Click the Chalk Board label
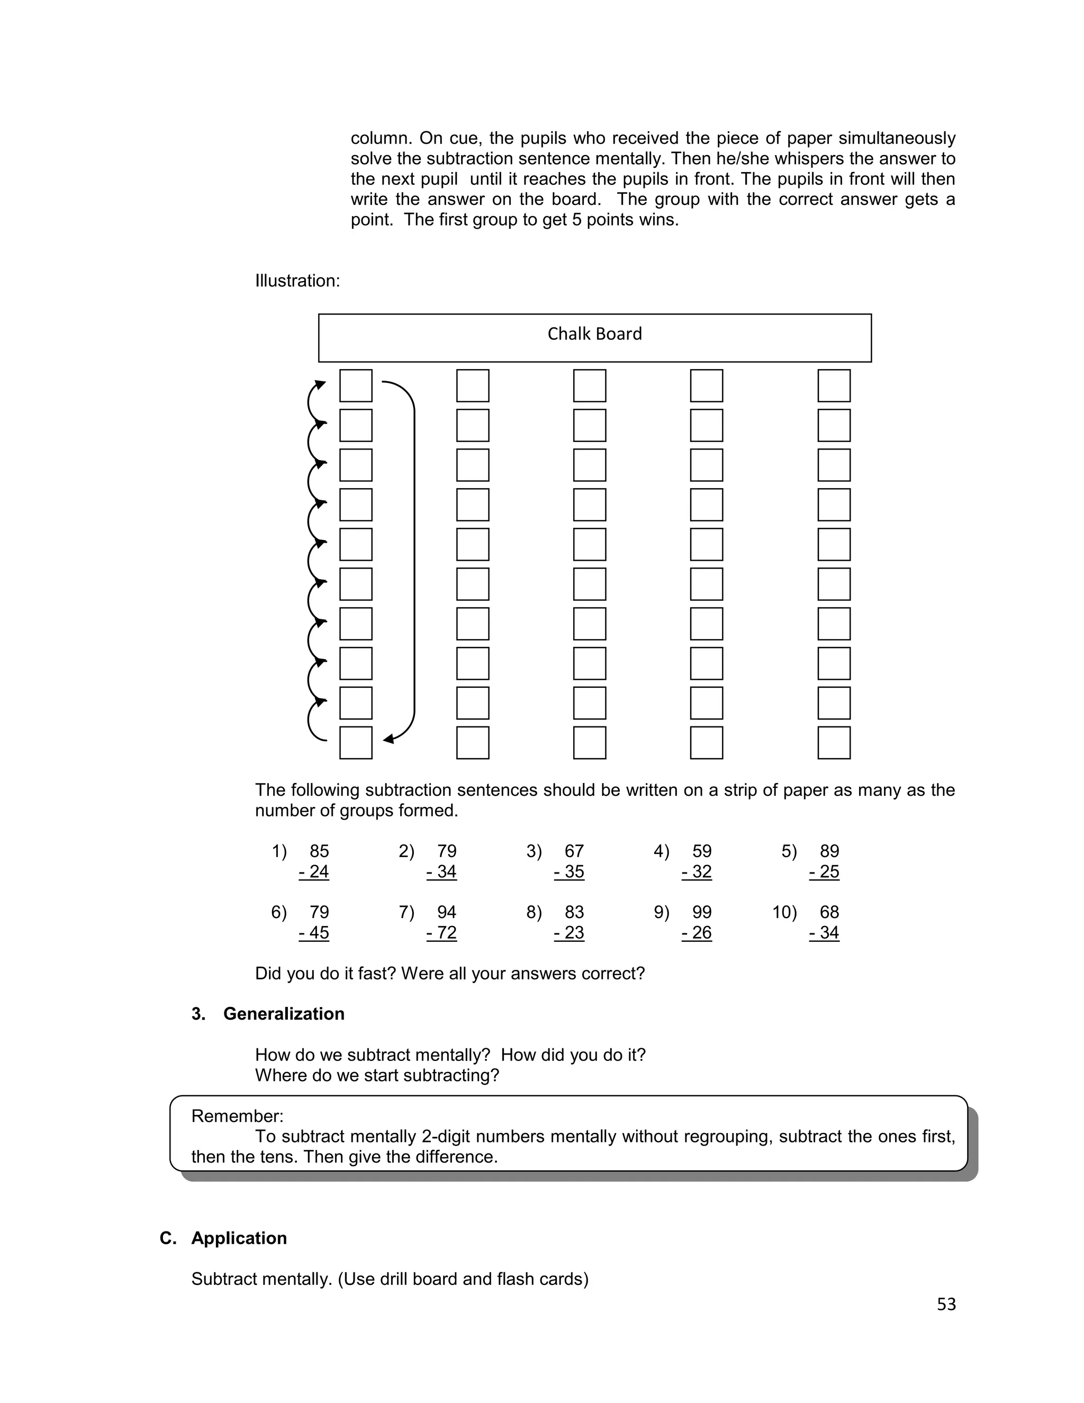point(594,334)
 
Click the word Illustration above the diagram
point(296,281)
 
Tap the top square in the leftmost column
point(356,385)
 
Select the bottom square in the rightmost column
point(834,743)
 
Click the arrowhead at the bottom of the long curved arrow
point(389,740)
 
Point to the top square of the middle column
point(590,385)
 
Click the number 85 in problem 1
point(319,851)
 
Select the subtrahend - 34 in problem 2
point(441,872)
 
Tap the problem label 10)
point(784,912)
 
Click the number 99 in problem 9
point(702,912)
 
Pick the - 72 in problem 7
point(441,933)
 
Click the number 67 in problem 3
point(574,851)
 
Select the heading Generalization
point(283,1014)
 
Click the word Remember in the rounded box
point(236,1116)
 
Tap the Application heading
point(239,1238)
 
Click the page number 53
point(946,1304)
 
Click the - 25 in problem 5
point(824,872)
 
